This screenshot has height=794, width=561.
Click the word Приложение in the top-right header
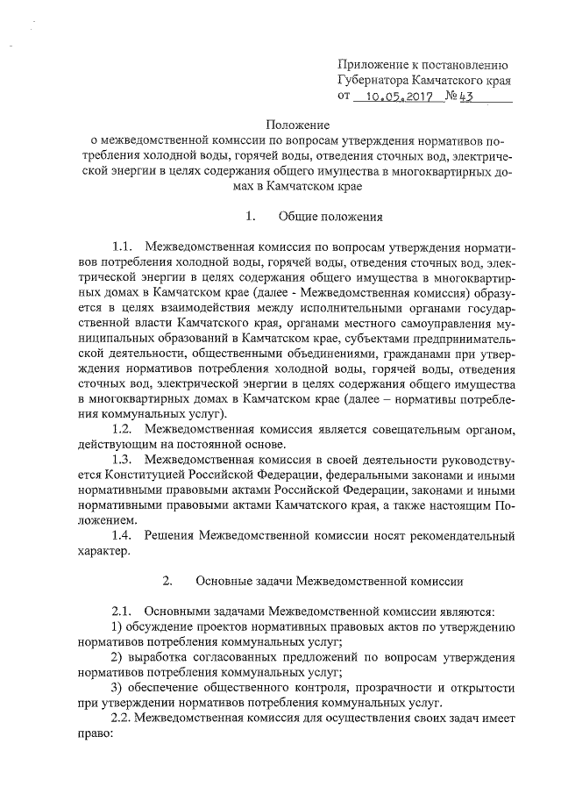373,64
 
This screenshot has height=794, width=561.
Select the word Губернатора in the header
379,80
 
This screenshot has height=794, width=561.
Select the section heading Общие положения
329,216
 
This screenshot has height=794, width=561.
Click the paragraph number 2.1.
123,611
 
